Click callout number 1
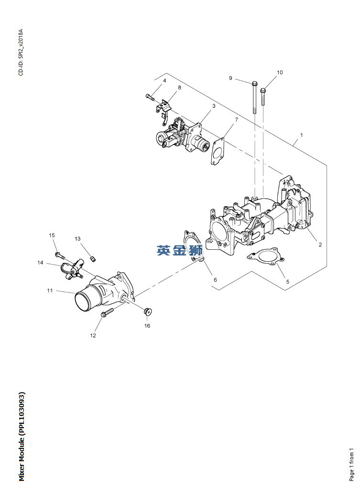(x=301, y=135)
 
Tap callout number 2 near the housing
(x=320, y=245)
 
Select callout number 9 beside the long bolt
(x=230, y=78)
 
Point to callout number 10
(x=280, y=72)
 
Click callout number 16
(x=147, y=326)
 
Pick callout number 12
(x=93, y=335)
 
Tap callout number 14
(x=41, y=263)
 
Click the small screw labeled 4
(x=149, y=97)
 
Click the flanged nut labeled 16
(x=148, y=312)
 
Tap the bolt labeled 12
(x=107, y=312)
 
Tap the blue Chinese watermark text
(x=180, y=250)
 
